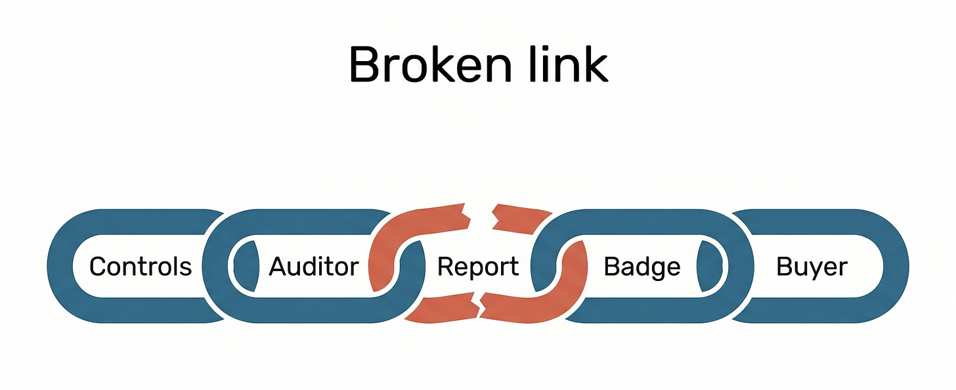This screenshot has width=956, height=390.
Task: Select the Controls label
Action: coord(141,267)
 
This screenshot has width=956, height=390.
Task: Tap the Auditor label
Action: coord(314,267)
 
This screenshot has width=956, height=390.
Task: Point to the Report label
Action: coord(478,267)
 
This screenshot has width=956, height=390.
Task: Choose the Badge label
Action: coord(641,267)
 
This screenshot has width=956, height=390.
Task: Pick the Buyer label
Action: coord(812,267)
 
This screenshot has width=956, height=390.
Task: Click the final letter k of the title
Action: coord(594,64)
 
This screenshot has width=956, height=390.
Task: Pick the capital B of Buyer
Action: coord(784,267)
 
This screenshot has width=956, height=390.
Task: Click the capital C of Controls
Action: coord(98,267)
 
